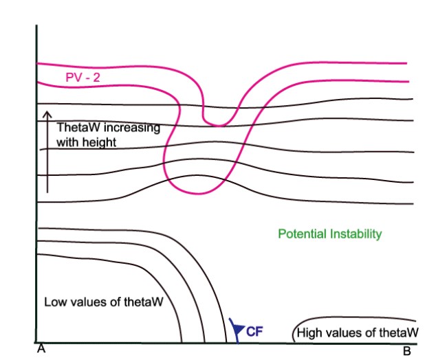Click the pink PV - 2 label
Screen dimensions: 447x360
point(83,78)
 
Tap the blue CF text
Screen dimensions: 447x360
point(254,332)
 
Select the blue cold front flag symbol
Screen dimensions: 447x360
point(237,330)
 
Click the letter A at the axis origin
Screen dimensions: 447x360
point(41,348)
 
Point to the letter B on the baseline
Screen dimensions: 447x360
point(407,351)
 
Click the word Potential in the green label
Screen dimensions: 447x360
point(302,234)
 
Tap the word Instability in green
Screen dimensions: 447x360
point(356,234)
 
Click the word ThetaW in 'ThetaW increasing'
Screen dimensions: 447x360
point(78,127)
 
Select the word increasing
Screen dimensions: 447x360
point(132,128)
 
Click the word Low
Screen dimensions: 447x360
point(55,302)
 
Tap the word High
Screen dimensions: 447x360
point(309,333)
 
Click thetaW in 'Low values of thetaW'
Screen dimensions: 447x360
point(144,302)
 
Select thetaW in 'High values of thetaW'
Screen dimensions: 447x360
point(399,333)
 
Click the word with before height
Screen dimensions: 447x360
point(67,142)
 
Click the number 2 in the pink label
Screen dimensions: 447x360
point(96,78)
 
